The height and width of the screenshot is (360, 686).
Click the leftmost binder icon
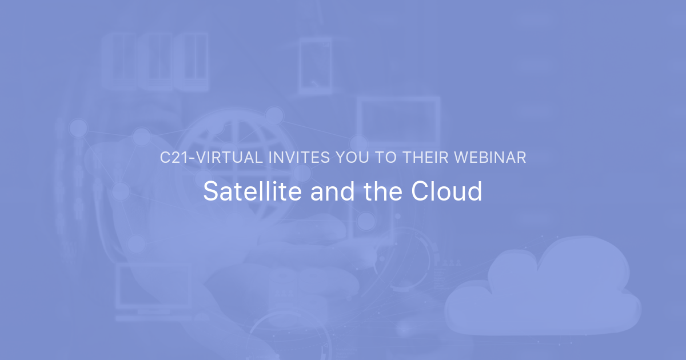(119, 61)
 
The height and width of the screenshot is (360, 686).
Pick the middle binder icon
(155, 61)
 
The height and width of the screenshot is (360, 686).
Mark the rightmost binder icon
(192, 61)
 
